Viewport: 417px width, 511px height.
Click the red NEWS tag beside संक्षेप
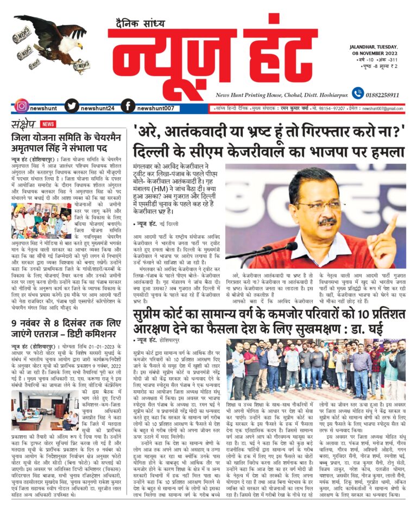pos(48,124)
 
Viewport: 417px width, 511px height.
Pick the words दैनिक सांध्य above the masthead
pos(138,22)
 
